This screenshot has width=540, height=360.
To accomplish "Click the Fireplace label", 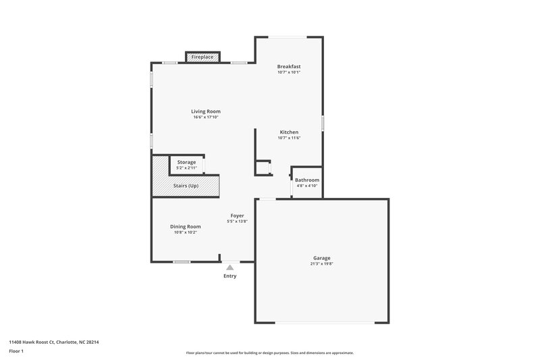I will pyautogui.click(x=202, y=57).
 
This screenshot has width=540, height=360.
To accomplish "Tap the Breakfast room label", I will pyautogui.click(x=289, y=66).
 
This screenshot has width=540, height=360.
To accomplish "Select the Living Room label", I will pyautogui.click(x=206, y=111).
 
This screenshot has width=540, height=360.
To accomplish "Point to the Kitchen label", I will pyautogui.click(x=289, y=132).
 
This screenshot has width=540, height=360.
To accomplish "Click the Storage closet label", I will pyautogui.click(x=187, y=162).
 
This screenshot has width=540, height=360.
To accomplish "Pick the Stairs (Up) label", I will pyautogui.click(x=186, y=185).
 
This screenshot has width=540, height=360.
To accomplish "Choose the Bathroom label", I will pyautogui.click(x=307, y=180).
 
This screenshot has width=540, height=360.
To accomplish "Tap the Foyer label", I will pyautogui.click(x=236, y=215).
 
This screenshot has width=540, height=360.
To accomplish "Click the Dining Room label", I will pyautogui.click(x=186, y=226).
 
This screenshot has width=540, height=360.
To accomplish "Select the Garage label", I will pyautogui.click(x=322, y=258).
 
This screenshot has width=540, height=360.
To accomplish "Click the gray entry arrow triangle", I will pyautogui.click(x=230, y=268).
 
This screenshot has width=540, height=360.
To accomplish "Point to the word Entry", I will pyautogui.click(x=230, y=276).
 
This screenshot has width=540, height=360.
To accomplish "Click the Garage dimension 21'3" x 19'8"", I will pyautogui.click(x=322, y=264).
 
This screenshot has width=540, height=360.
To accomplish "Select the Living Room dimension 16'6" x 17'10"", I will pyautogui.click(x=206, y=118).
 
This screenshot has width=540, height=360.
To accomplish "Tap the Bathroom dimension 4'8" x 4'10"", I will pyautogui.click(x=307, y=186).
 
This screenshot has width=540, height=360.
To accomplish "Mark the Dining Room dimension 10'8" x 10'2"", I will pyautogui.click(x=186, y=232).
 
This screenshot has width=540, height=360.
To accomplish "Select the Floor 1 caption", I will pyautogui.click(x=17, y=352).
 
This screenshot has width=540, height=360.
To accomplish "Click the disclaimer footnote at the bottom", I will pyautogui.click(x=270, y=353).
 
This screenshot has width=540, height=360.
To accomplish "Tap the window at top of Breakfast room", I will pyautogui.click(x=289, y=37).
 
